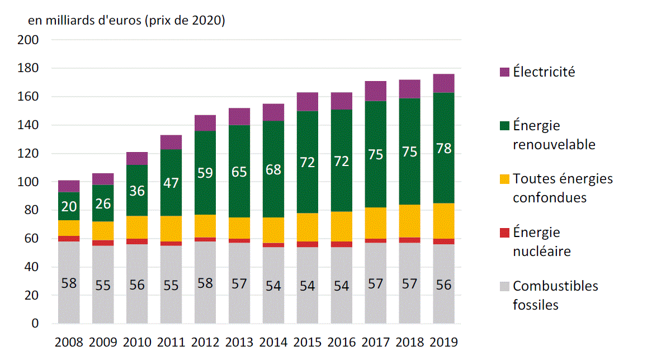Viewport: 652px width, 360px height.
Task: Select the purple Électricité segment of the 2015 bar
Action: click(307, 102)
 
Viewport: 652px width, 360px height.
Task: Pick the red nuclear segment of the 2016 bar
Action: click(341, 244)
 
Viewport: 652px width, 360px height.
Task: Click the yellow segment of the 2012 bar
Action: click(205, 226)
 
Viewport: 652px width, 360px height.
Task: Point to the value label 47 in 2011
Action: click(171, 183)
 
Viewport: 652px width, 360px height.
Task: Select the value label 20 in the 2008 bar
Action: click(69, 206)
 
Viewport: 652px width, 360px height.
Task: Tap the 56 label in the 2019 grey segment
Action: click(443, 284)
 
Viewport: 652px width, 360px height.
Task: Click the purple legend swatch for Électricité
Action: click(503, 72)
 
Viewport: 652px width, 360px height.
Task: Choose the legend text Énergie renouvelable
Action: click(554, 135)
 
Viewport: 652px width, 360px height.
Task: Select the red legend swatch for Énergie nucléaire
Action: click(503, 233)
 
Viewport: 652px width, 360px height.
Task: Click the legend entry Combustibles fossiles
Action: click(555, 295)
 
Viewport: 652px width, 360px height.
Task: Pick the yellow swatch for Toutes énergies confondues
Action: click(503, 179)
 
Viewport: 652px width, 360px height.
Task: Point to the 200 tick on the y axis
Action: click(28, 40)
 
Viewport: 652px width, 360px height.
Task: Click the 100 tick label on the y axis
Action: click(28, 182)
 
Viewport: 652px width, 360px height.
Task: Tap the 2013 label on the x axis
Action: click(239, 342)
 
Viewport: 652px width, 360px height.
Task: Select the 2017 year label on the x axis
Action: click(375, 342)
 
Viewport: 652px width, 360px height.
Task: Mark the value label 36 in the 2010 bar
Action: click(137, 191)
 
